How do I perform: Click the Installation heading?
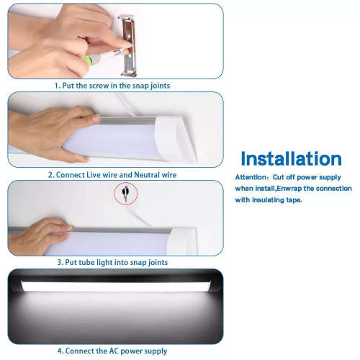coord(291,158)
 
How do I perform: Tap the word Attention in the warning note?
coord(251,177)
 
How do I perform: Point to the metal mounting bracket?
coord(128,45)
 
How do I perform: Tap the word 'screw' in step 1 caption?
coord(99,86)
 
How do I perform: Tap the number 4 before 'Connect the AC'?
coord(60,351)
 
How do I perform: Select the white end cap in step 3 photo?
coord(182,241)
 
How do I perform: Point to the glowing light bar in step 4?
coord(116,287)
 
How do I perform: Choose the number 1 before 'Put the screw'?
coord(56,86)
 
